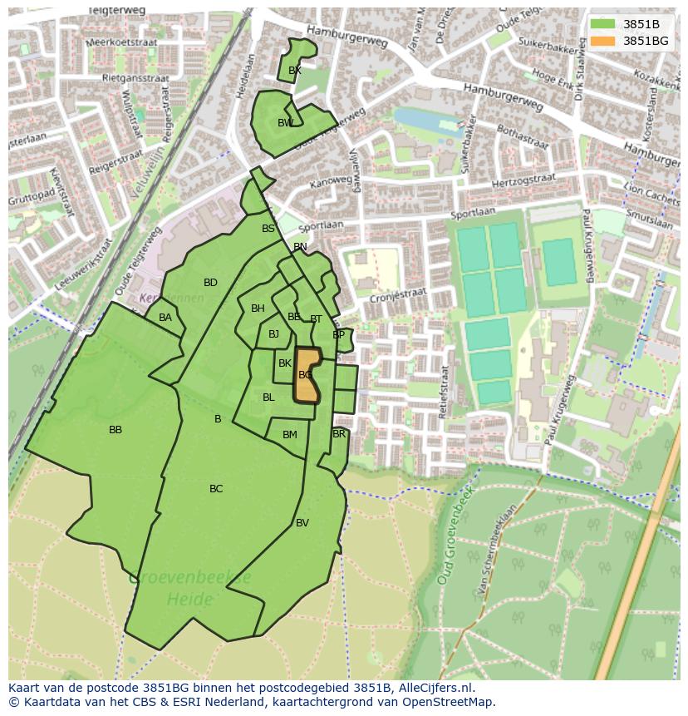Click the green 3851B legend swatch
point(603,24)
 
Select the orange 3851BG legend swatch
point(603,41)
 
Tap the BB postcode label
point(115,430)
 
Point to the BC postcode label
point(216,489)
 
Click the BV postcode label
point(302,523)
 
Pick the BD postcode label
point(210,283)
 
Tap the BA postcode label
point(165,318)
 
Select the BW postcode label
point(286,123)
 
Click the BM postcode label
point(290,435)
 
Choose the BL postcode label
point(268,398)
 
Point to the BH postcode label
point(258,309)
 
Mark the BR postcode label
point(339,434)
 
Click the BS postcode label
point(268,229)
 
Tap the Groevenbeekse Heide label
point(190,588)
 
